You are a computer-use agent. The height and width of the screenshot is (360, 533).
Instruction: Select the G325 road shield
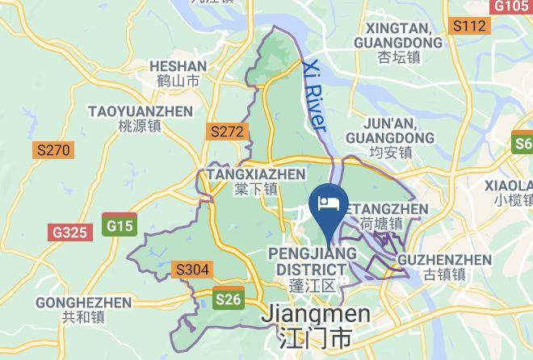pos(69,232)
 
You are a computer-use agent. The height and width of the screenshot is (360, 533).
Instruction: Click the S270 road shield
pos(54,150)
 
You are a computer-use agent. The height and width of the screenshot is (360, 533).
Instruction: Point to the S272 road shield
pos(226,131)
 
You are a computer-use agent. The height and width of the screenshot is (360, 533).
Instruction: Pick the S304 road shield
pos(192,269)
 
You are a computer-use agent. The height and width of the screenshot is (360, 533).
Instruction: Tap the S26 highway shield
pos(228,299)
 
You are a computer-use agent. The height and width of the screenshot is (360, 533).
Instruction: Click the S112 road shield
pos(469,27)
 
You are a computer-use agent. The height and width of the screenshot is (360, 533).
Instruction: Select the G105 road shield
pos(511,6)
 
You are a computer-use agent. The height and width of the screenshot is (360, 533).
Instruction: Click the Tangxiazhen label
pos(256,181)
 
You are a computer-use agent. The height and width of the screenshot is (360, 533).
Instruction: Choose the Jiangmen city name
pos(315,325)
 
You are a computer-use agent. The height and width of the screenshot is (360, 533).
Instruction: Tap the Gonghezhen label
pos(84,310)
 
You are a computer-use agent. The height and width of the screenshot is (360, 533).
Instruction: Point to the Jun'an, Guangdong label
pos(389,137)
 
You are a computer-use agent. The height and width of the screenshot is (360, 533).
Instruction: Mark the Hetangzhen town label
pos(382,216)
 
